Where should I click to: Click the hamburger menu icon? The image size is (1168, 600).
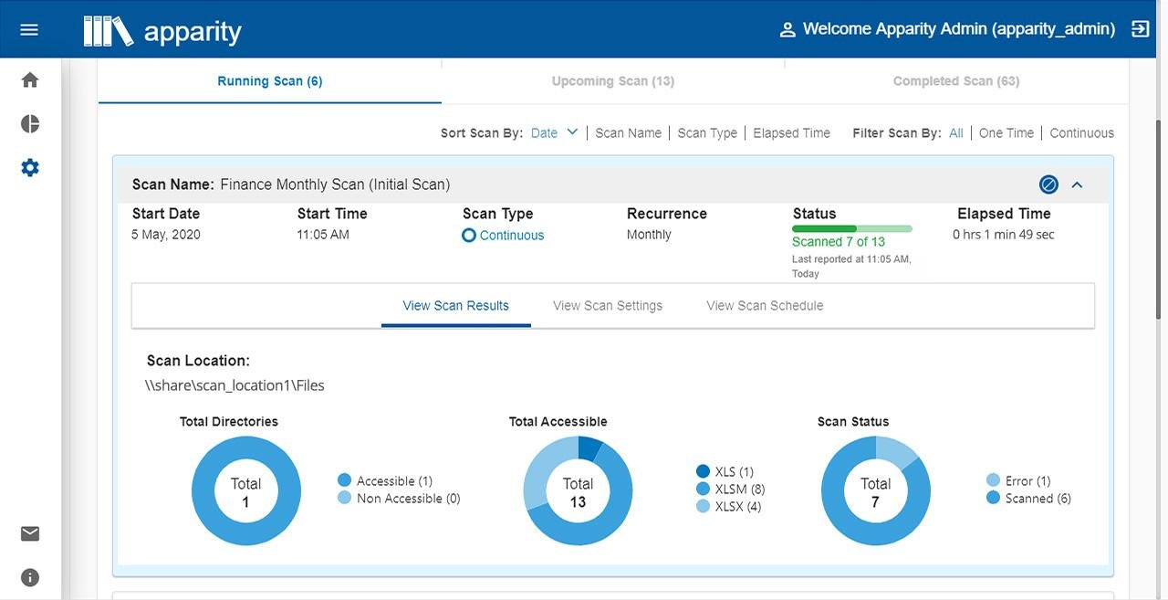pyautogui.click(x=29, y=29)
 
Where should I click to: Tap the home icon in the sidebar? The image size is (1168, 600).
pyautogui.click(x=30, y=80)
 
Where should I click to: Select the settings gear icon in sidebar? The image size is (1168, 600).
pyautogui.click(x=30, y=168)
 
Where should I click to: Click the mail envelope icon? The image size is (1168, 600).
pyautogui.click(x=30, y=534)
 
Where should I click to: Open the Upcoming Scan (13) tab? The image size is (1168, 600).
pyautogui.click(x=612, y=81)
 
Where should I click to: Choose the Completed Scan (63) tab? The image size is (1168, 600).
pyautogui.click(x=955, y=81)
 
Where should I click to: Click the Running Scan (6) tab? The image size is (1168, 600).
pyautogui.click(x=269, y=81)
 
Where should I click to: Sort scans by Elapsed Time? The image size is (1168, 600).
pyautogui.click(x=791, y=133)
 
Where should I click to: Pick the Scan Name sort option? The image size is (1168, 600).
pyautogui.click(x=628, y=133)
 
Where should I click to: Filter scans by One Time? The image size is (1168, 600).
pyautogui.click(x=1006, y=133)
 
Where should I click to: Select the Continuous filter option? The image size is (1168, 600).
pyautogui.click(x=1081, y=133)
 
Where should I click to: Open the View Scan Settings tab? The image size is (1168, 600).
pyautogui.click(x=608, y=306)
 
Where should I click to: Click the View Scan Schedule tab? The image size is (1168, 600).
pyautogui.click(x=765, y=306)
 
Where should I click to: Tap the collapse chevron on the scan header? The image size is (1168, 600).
pyautogui.click(x=1077, y=184)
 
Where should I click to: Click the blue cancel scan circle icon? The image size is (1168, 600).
pyautogui.click(x=1048, y=184)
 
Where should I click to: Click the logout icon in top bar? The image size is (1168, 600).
pyautogui.click(x=1140, y=29)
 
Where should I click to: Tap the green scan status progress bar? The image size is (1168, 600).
pyautogui.click(x=851, y=228)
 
